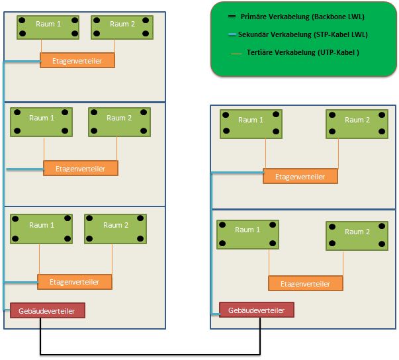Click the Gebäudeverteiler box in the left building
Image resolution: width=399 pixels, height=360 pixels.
pos(48,310)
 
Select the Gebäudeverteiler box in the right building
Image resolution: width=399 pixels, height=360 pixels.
pos(256,310)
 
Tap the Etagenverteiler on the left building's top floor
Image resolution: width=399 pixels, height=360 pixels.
pos(77,60)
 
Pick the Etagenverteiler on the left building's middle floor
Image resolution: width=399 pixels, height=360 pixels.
pos(80,168)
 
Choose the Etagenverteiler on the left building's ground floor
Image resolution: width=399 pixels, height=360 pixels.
pos(75,282)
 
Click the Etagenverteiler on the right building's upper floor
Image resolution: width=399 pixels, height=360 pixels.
pos(300,176)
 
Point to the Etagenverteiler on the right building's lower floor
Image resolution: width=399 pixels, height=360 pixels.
pos(305,283)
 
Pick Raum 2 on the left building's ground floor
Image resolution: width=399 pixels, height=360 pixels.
pos(115,229)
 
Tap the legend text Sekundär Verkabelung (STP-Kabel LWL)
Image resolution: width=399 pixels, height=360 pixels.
pos(304,34)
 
